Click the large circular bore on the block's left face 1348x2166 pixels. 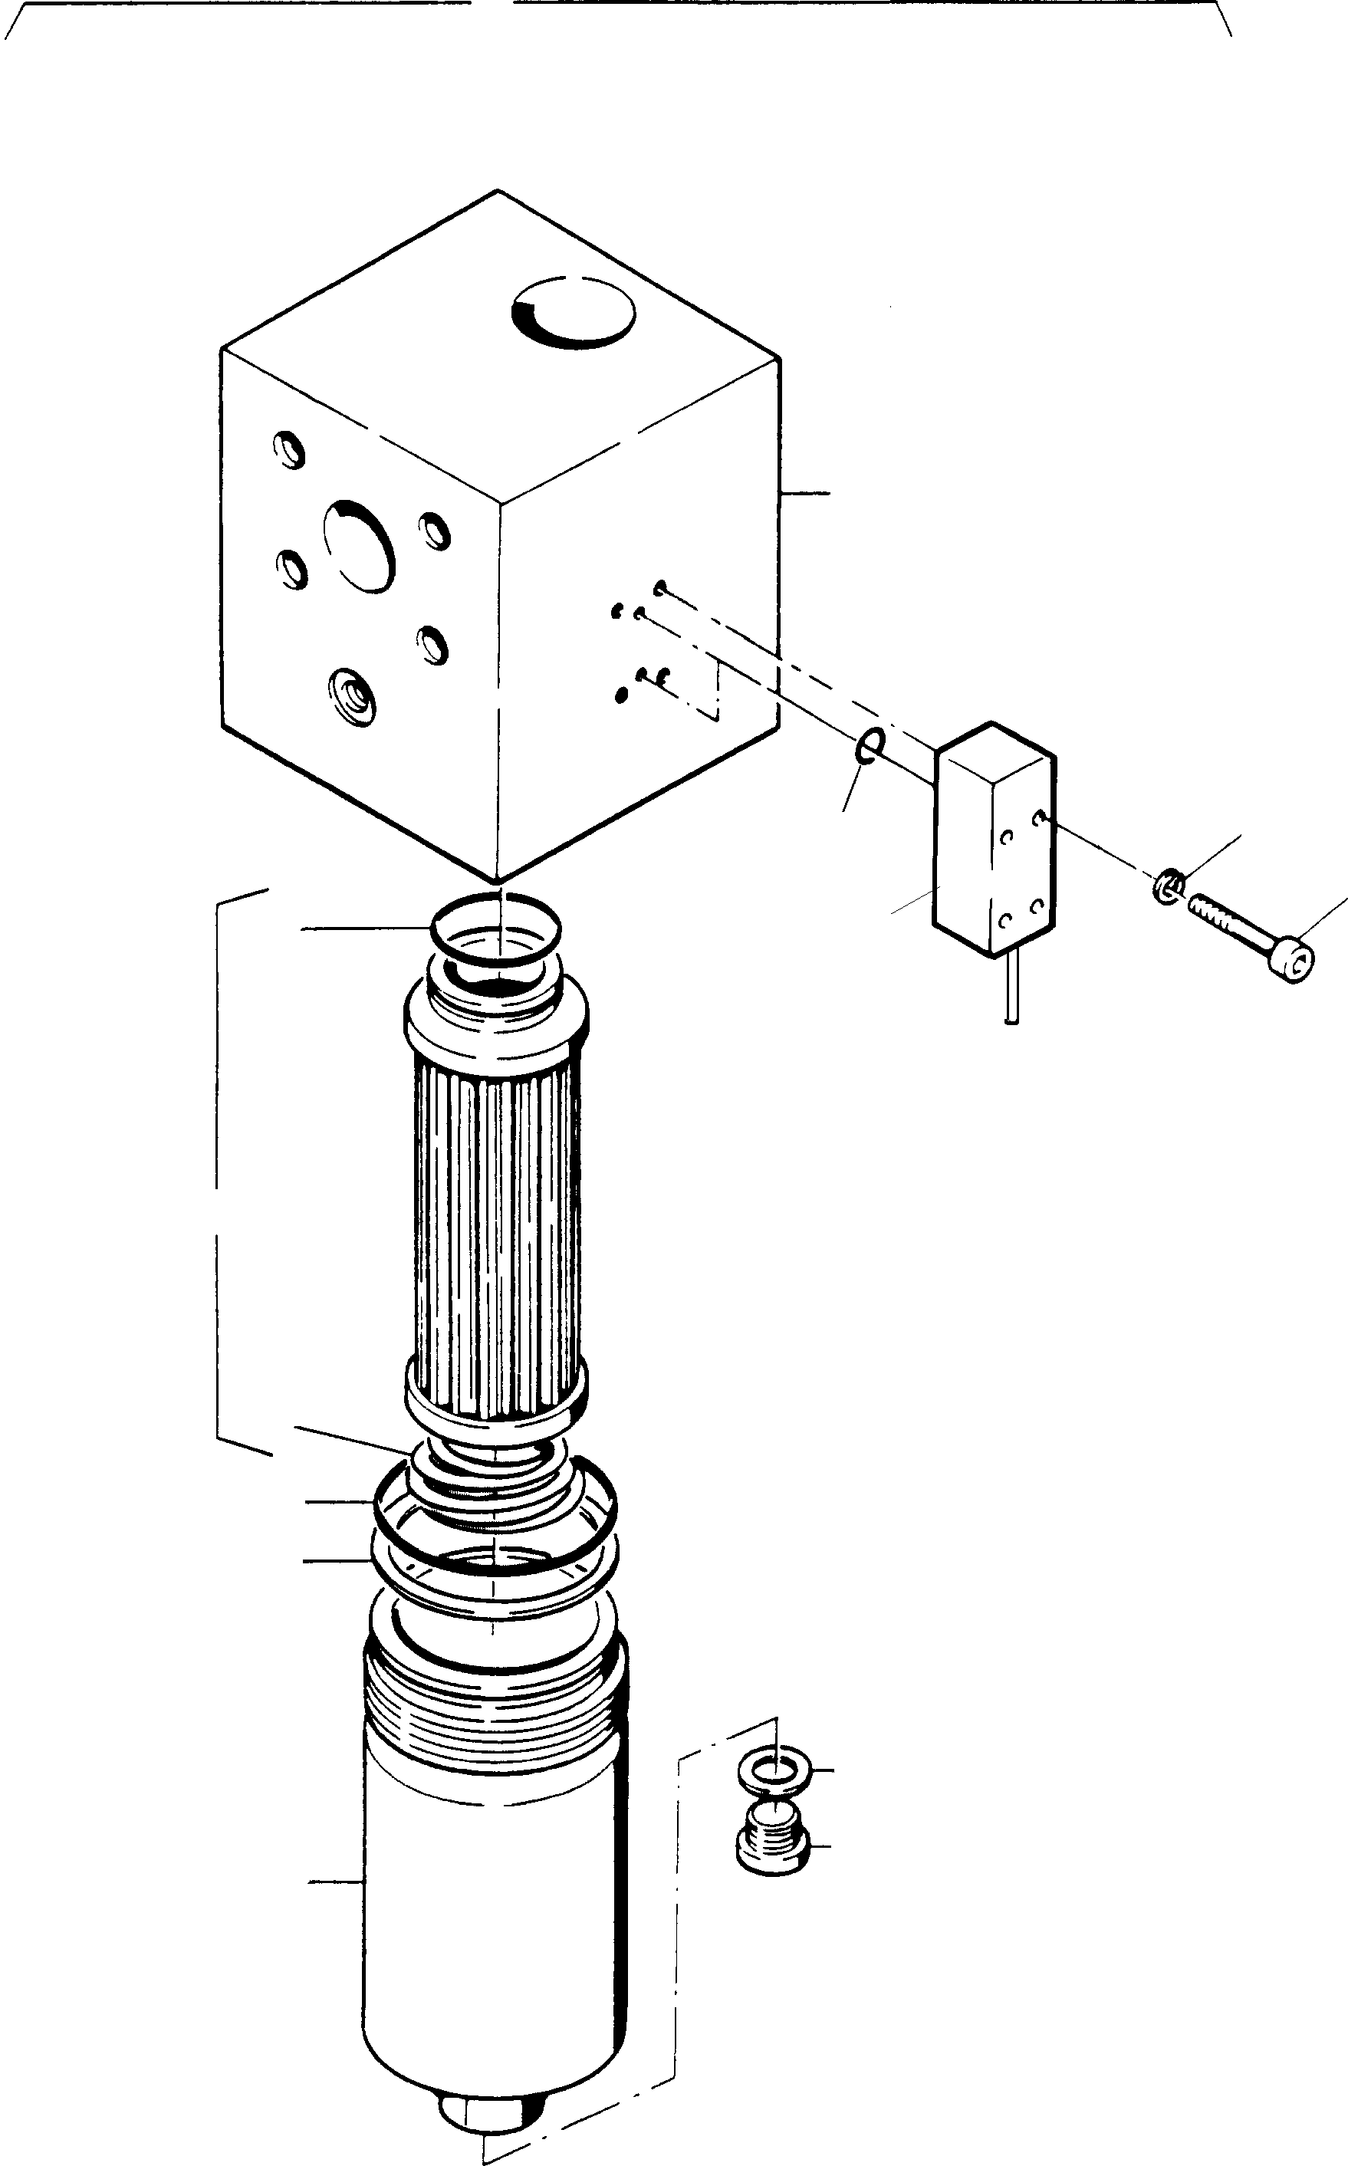pyautogui.click(x=360, y=545)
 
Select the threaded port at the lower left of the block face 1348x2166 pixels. pyautogui.click(x=350, y=695)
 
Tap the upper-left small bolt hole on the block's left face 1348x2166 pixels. pyautogui.click(x=290, y=449)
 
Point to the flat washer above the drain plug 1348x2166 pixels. pyautogui.click(x=774, y=1770)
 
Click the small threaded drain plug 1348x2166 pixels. pyautogui.click(x=773, y=1845)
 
